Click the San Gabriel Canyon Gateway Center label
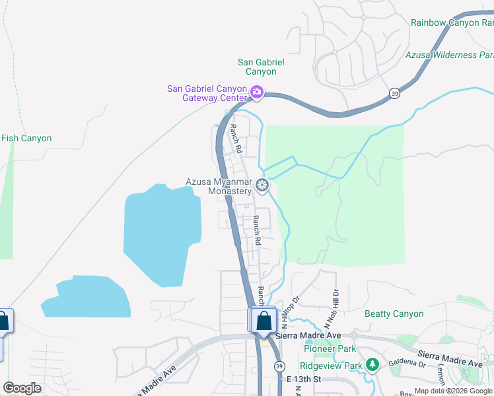click(x=207, y=94)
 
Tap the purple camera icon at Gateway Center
click(x=257, y=94)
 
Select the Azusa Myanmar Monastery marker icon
click(x=263, y=186)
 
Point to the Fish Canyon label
click(x=26, y=139)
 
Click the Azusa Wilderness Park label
click(x=450, y=55)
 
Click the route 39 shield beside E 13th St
click(x=279, y=366)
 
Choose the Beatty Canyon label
click(x=394, y=314)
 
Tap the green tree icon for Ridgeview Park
click(x=372, y=364)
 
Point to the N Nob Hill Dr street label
click(x=331, y=310)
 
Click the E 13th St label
click(x=304, y=379)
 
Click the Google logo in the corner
click(x=22, y=388)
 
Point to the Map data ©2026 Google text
click(x=454, y=391)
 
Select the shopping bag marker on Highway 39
click(x=264, y=321)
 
